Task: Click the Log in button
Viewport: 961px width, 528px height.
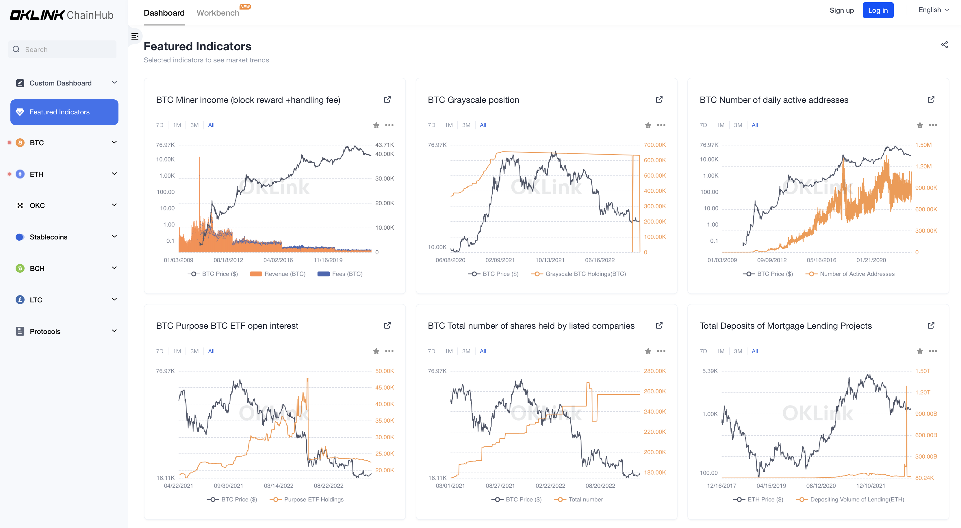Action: coord(877,10)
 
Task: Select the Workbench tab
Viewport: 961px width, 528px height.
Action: coord(218,13)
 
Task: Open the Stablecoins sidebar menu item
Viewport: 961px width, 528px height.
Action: coord(49,237)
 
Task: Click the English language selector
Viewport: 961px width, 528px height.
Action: coord(933,10)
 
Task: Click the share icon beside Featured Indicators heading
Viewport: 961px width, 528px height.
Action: coord(944,45)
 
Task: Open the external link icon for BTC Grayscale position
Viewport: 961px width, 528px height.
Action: coord(659,100)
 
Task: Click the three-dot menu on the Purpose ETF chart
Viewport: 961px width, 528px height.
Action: coord(389,351)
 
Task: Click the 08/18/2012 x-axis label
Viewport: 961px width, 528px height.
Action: coord(228,260)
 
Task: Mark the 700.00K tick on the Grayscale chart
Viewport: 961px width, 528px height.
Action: coord(654,145)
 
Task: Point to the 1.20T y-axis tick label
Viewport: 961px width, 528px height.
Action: coord(923,392)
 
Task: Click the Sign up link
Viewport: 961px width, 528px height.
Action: coord(841,10)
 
